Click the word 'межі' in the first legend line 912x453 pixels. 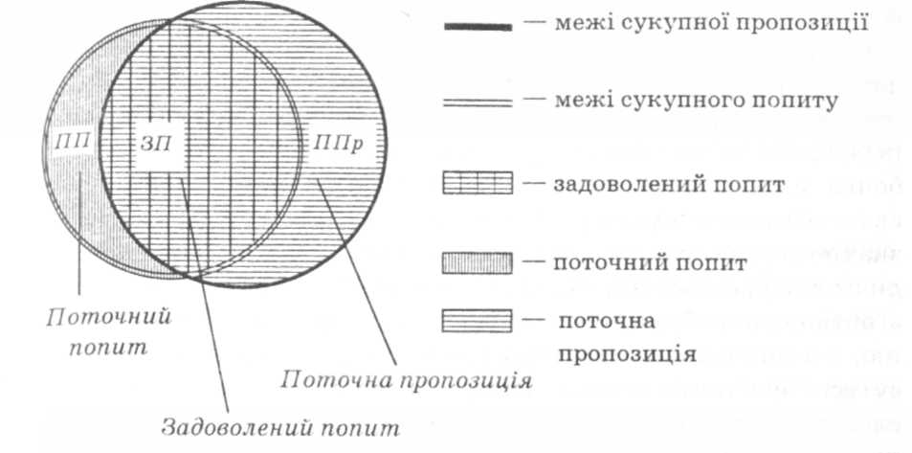click(x=574, y=22)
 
